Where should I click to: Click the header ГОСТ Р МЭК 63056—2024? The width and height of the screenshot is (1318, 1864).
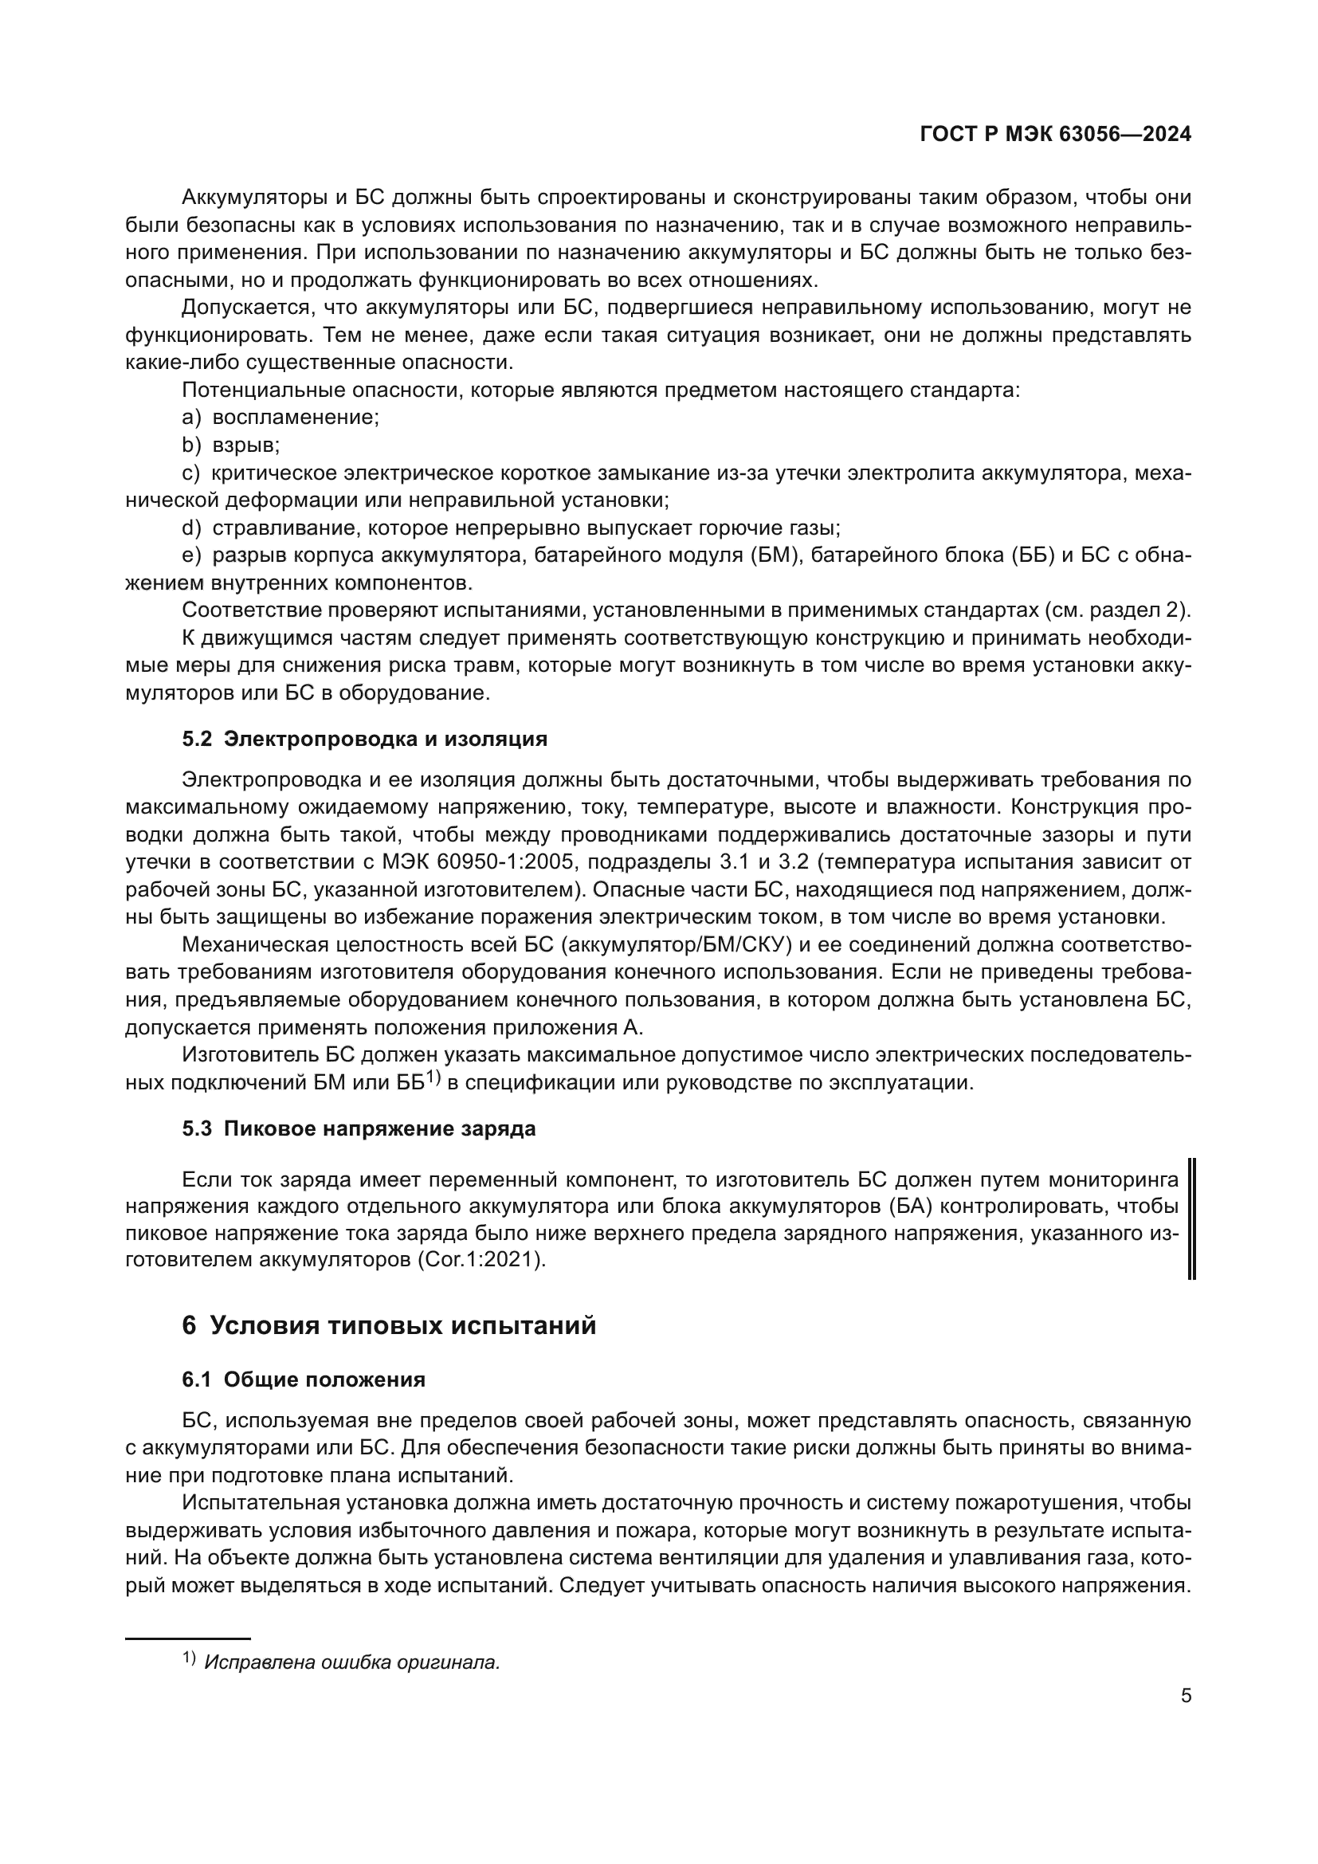click(1055, 135)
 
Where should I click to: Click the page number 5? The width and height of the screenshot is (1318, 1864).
click(1186, 1695)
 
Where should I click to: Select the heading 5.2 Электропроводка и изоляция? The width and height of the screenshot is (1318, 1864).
click(364, 739)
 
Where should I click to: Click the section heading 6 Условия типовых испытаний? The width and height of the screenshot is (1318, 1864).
click(390, 1325)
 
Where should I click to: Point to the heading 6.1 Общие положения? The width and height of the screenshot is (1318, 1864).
click(304, 1379)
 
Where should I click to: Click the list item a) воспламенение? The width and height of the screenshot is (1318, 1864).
click(280, 418)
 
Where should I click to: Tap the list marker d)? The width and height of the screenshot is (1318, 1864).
click(190, 528)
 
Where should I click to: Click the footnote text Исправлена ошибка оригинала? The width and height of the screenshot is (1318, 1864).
click(352, 1662)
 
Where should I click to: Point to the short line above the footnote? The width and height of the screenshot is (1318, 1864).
click(187, 1638)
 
